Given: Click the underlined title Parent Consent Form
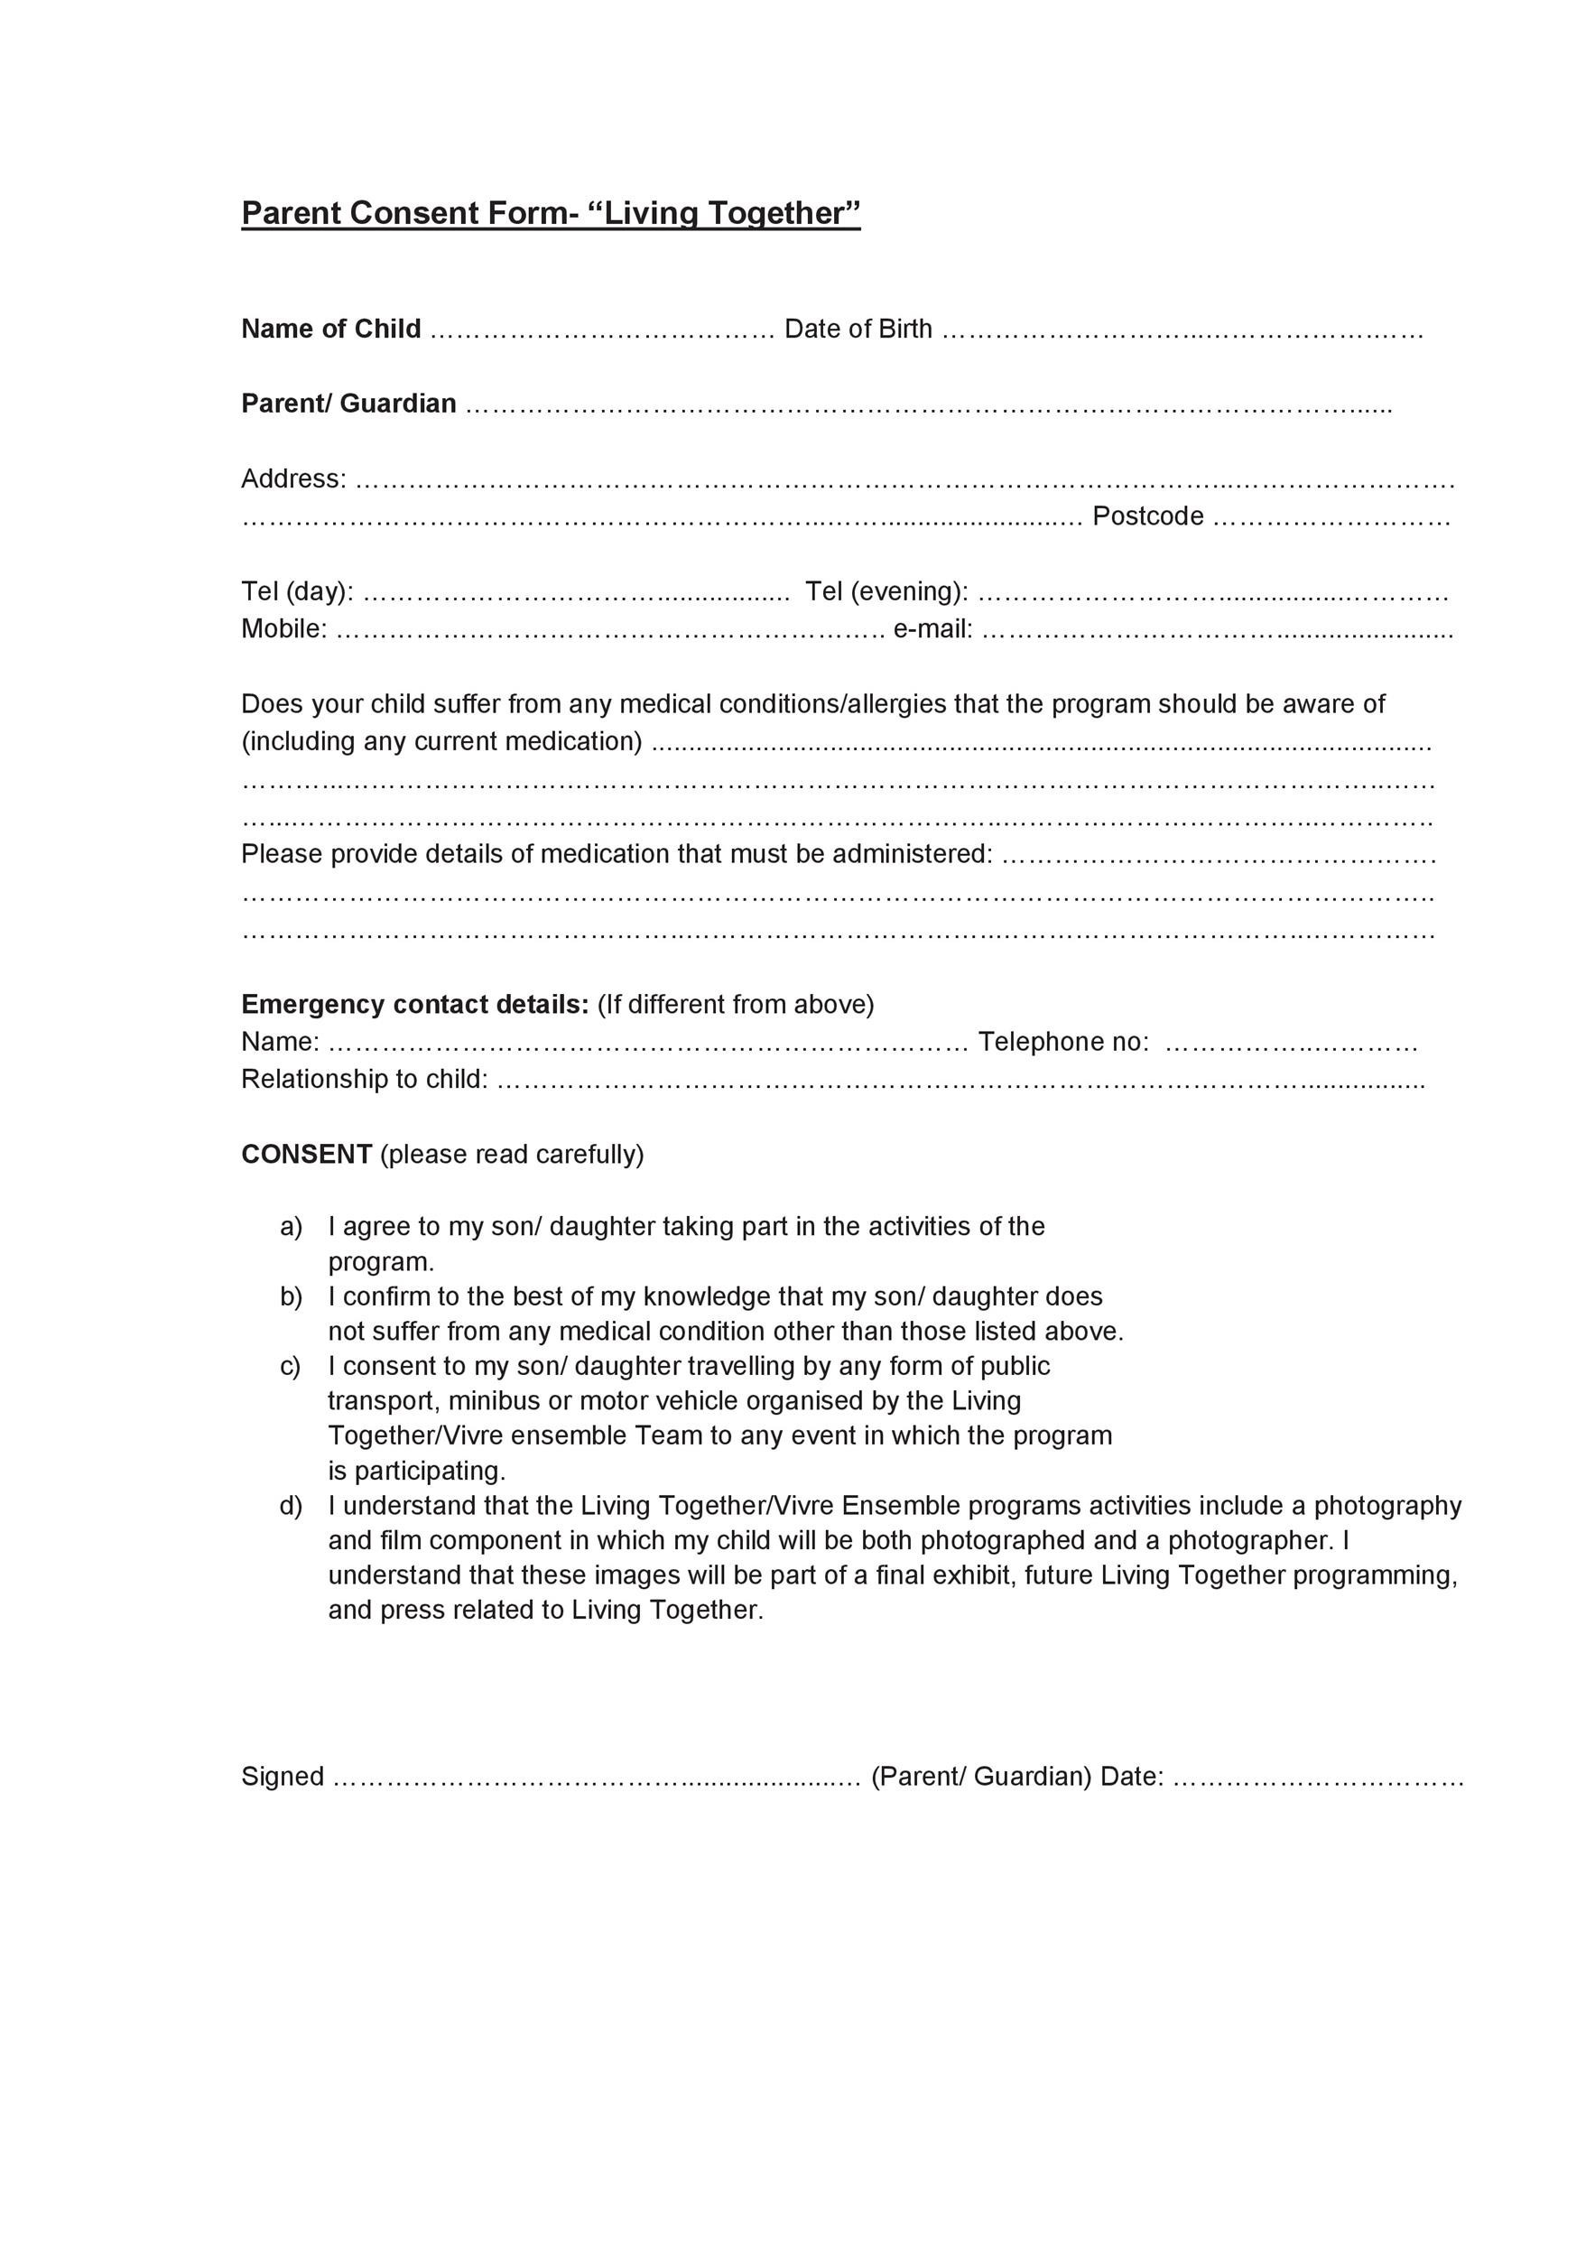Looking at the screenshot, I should [551, 213].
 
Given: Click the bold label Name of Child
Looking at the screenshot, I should [331, 329].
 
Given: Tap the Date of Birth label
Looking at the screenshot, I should [858, 329].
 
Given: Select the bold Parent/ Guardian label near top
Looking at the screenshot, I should [348, 403].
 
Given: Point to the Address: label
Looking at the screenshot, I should [294, 478].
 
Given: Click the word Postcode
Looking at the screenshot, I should [1148, 516].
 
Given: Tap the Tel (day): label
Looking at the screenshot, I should [298, 590].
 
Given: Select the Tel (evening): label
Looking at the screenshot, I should [886, 590].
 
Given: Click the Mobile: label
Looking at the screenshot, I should [284, 628].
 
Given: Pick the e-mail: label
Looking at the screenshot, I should [932, 628].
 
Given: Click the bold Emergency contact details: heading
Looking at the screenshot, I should [414, 1004].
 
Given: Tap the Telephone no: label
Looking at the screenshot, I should [1063, 1041].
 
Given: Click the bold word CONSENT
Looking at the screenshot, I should [307, 1153].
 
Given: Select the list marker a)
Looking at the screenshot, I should [291, 1227].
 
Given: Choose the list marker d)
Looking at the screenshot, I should [291, 1506].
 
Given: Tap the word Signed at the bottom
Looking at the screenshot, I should [282, 1777].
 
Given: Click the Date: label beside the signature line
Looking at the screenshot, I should [1132, 1777].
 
